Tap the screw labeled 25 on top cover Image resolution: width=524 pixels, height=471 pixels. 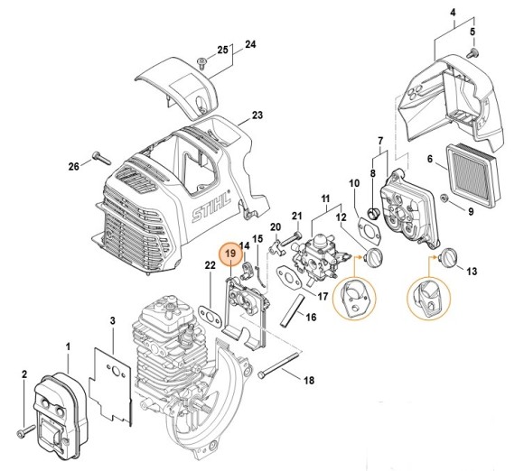pyautogui.click(x=205, y=60)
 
